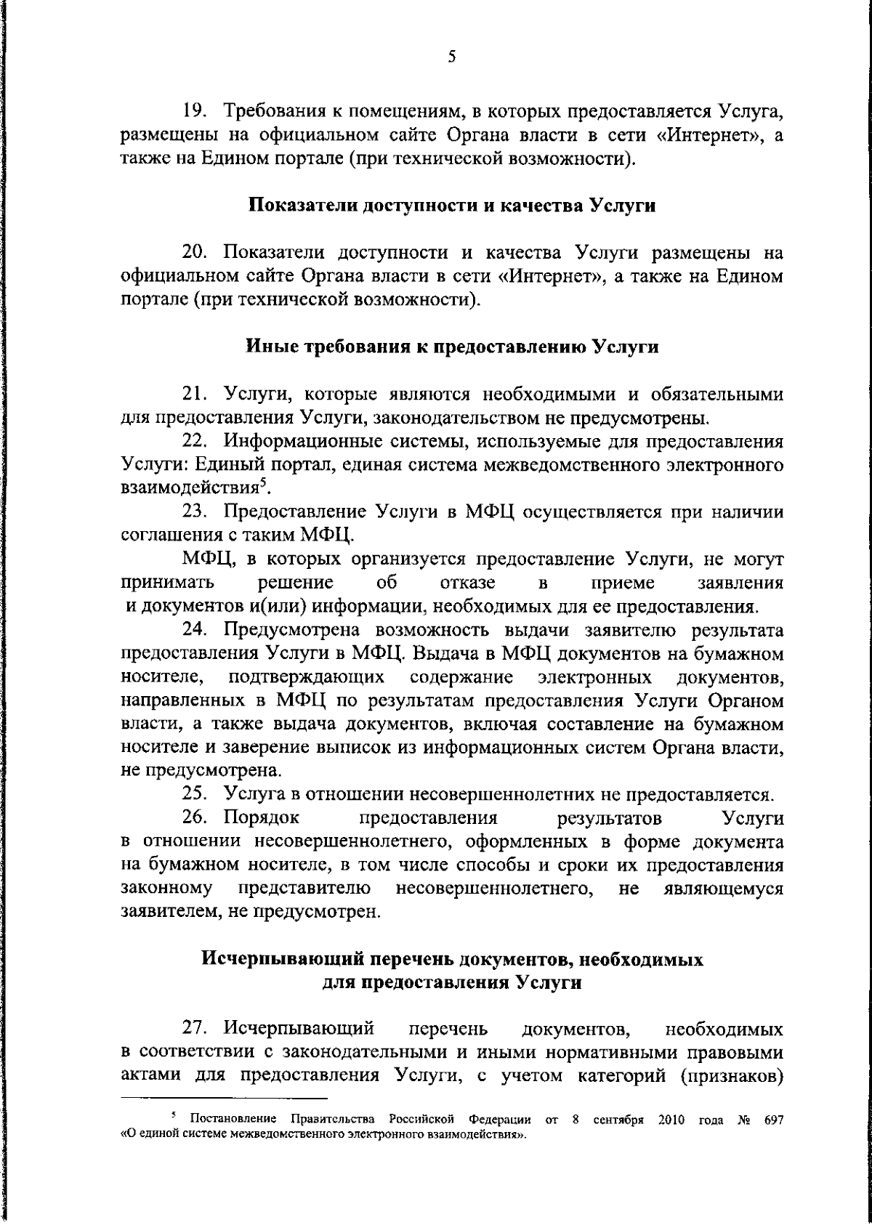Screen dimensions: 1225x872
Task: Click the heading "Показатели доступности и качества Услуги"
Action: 453,206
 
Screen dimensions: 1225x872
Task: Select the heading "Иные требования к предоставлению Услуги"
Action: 453,347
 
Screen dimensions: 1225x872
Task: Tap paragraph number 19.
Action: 194,112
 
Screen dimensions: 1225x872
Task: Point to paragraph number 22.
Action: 194,441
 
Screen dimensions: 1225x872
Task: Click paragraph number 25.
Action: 194,794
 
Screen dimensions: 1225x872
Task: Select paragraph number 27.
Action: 194,1030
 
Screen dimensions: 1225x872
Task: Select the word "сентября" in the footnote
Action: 618,1121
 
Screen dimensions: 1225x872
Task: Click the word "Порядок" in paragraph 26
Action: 262,818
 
